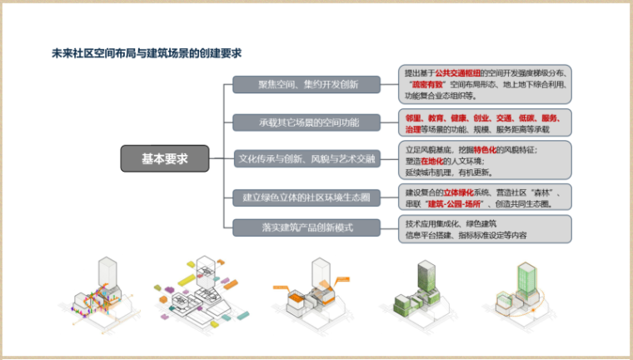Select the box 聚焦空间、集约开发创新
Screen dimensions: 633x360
pyautogui.click(x=307, y=84)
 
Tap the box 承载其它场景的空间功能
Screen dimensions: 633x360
pyautogui.click(x=307, y=122)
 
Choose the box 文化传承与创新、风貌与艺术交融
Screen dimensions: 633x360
pyautogui.click(x=307, y=157)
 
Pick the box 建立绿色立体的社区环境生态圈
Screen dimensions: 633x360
pyautogui.click(x=307, y=197)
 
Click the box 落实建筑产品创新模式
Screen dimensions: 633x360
pyautogui.click(x=307, y=227)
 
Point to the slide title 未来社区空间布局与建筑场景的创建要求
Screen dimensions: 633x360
pyautogui.click(x=146, y=53)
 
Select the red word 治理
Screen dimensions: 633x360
pyautogui.click(x=412, y=130)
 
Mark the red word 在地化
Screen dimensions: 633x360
pyautogui.click(x=440, y=161)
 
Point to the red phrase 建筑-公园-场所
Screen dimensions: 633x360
pyautogui.click(x=455, y=204)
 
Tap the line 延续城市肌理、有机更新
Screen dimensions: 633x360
pyautogui.click(x=449, y=172)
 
